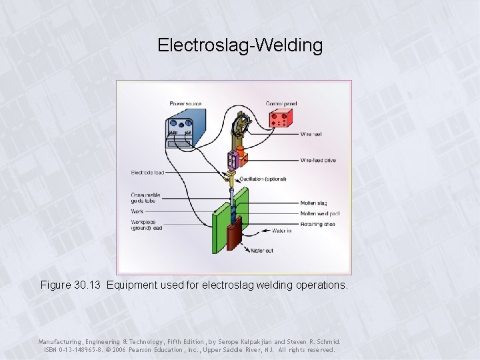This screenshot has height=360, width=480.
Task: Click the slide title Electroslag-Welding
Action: point(240,45)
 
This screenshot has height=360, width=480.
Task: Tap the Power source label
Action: point(185,103)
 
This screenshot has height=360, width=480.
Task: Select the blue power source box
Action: point(179,129)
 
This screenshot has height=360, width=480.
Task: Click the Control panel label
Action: point(281,103)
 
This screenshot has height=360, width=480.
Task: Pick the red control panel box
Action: point(280,119)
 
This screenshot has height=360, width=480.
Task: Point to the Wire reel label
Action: point(311,134)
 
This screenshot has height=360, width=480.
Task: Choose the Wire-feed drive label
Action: point(317,161)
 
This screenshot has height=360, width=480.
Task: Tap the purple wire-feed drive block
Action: point(232,161)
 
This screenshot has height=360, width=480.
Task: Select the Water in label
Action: point(281,231)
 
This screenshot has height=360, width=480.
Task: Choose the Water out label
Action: point(261,251)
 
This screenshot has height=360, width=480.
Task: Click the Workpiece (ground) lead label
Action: point(147,225)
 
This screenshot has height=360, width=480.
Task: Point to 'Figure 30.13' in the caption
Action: point(69,285)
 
